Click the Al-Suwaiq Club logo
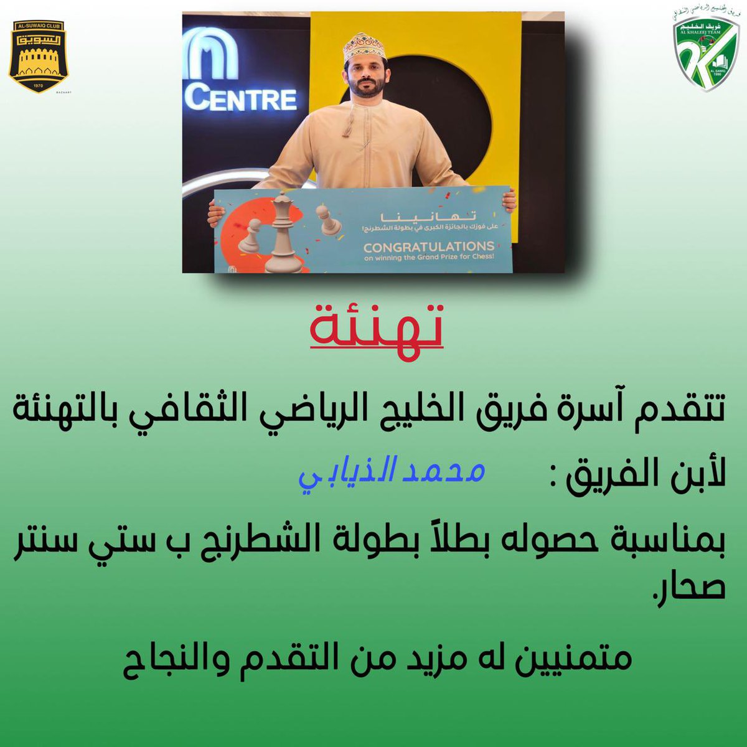(39, 56)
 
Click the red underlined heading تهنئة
(377, 326)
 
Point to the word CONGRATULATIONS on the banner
(429, 247)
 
